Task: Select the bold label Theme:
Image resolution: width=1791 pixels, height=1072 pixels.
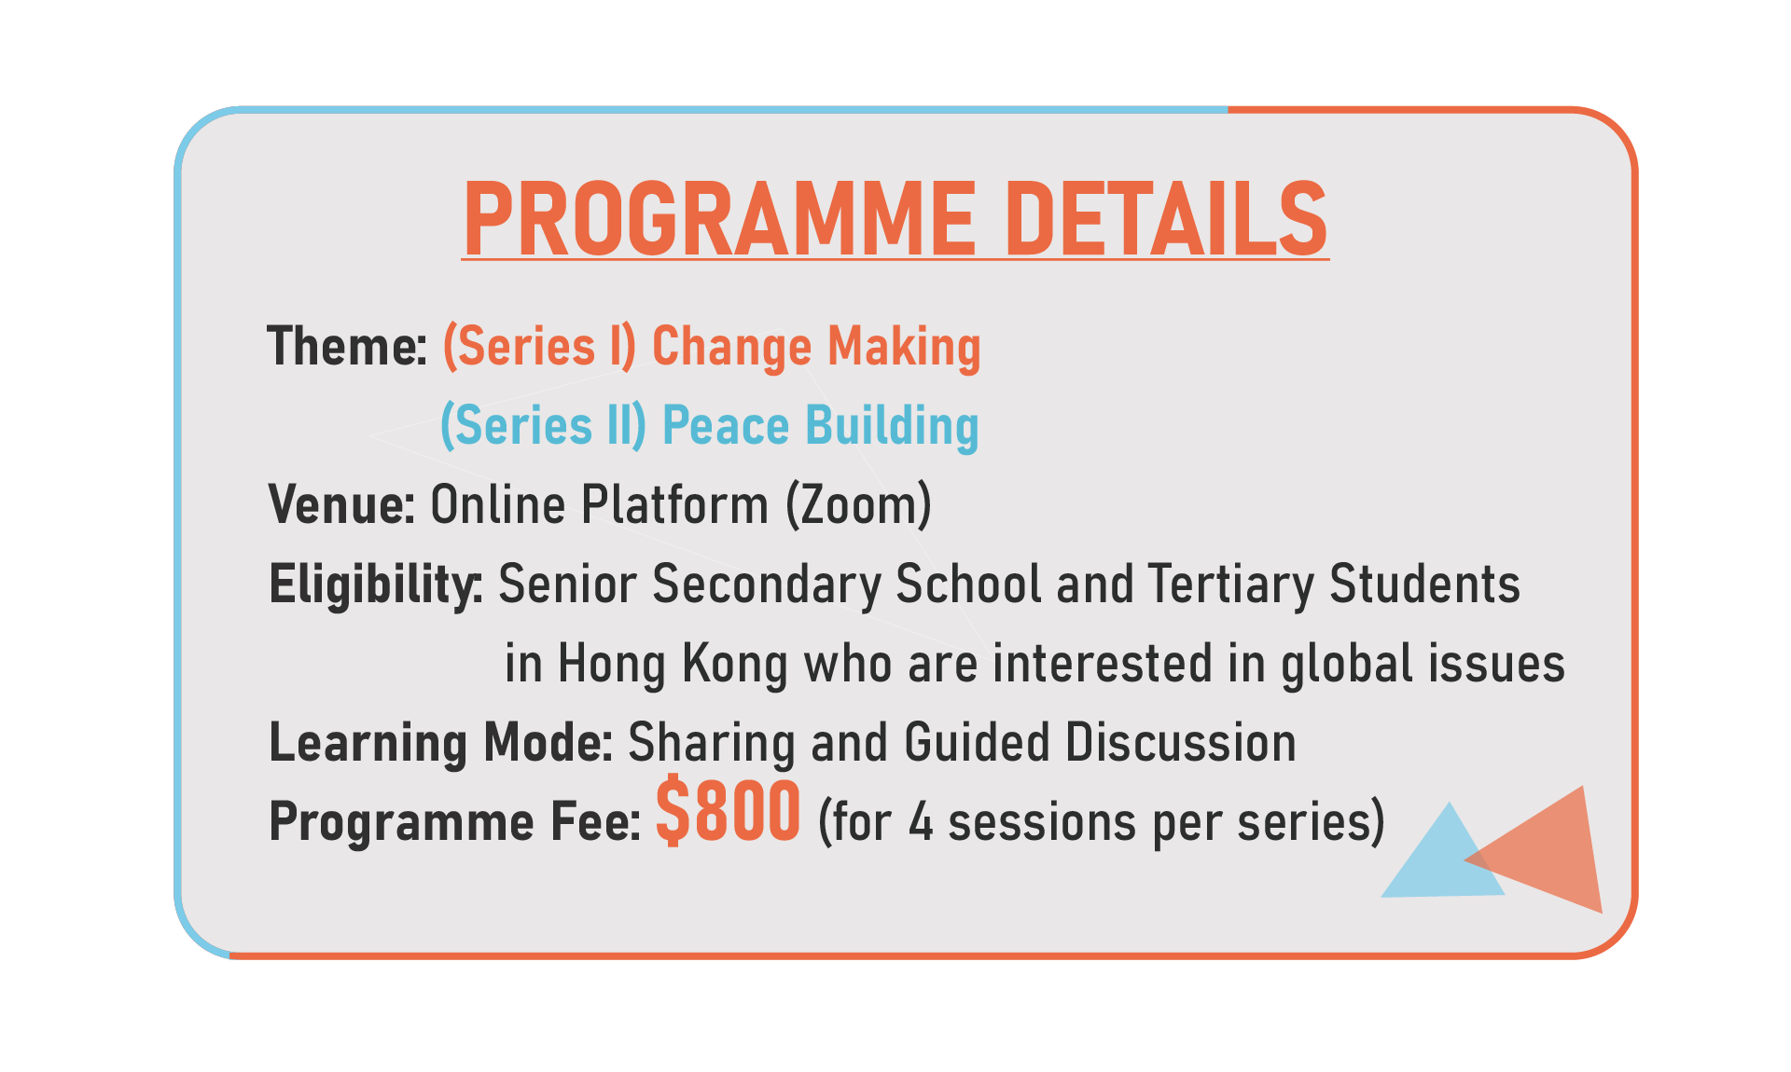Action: (347, 347)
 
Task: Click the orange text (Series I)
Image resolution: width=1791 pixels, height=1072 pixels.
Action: (539, 348)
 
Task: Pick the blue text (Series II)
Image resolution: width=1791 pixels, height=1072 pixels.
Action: (543, 427)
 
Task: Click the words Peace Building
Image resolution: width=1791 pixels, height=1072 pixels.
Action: (821, 427)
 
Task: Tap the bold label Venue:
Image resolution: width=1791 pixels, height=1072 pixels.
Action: (341, 505)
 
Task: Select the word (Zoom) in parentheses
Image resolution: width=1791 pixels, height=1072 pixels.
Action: (858, 506)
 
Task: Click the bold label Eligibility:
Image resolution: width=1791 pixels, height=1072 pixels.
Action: (376, 585)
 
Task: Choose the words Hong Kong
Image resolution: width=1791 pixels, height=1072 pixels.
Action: (673, 665)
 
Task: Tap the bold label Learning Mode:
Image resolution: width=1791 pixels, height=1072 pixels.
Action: (440, 744)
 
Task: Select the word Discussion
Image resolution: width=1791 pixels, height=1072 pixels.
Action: (1180, 743)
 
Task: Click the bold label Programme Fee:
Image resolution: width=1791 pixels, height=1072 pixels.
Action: (455, 822)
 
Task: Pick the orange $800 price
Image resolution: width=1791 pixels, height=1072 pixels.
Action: (728, 812)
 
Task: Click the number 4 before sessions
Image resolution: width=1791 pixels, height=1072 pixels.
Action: (921, 823)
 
